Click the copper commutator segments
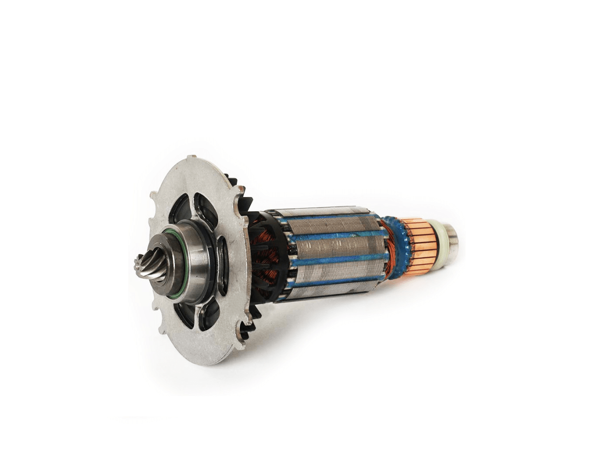[x=421, y=246]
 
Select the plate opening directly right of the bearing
[x=223, y=266]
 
